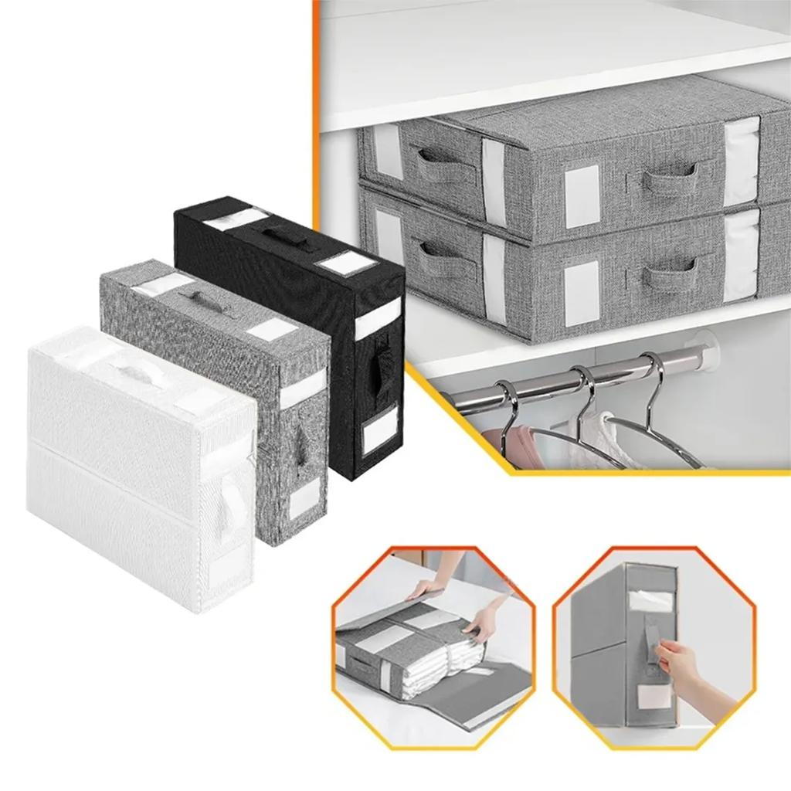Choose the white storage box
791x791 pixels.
139,471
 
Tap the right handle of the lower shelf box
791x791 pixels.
669,273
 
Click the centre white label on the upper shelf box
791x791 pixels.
582,196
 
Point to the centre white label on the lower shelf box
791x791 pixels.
581,293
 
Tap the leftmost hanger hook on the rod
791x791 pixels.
507,406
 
